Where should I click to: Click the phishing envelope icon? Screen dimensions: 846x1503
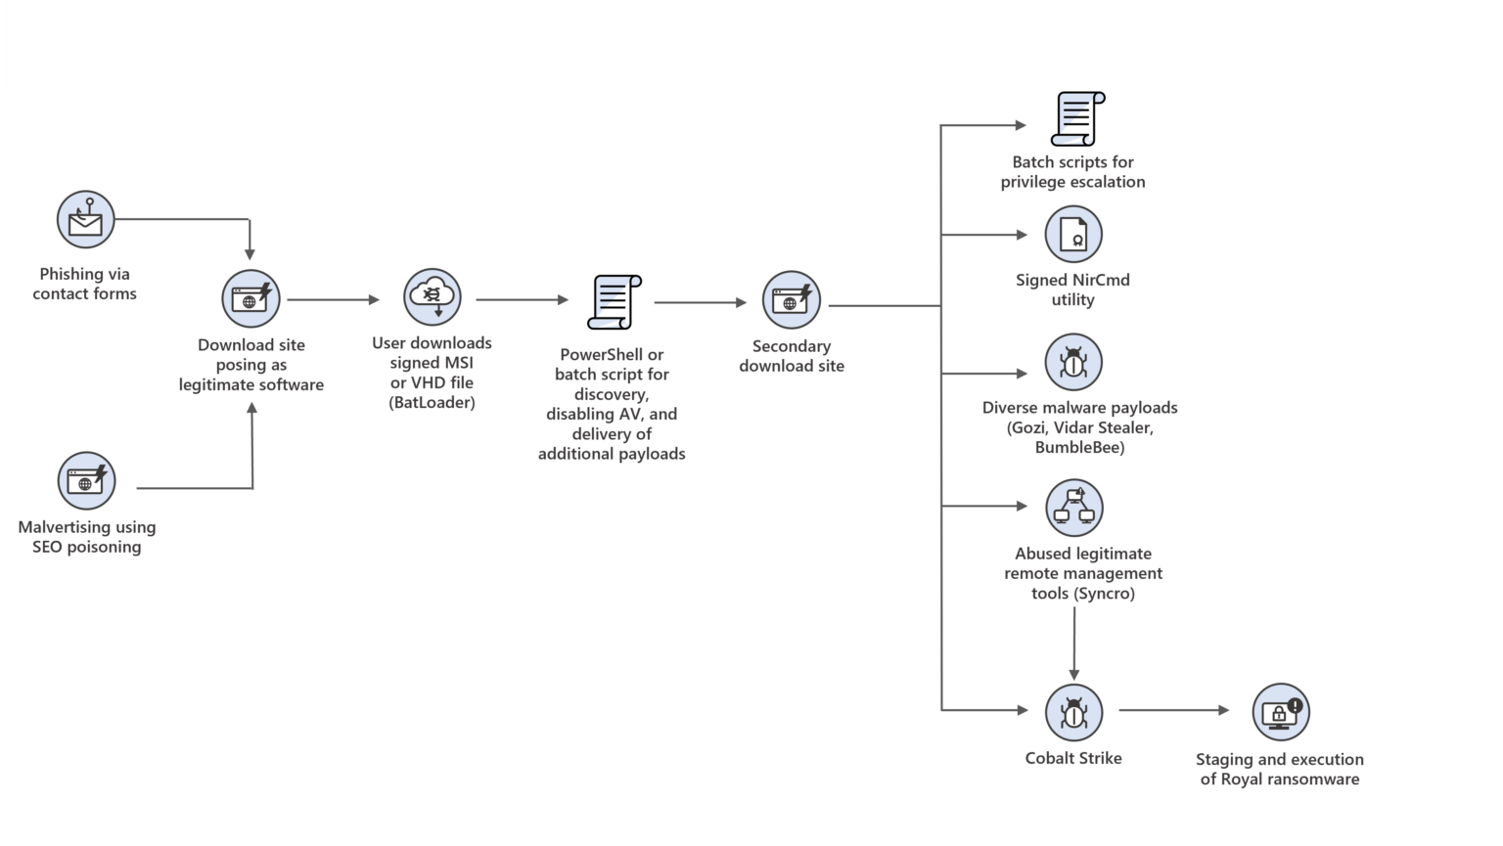click(85, 219)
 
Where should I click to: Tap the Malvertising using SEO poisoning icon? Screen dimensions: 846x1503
click(86, 480)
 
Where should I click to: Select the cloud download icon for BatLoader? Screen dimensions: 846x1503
click(432, 297)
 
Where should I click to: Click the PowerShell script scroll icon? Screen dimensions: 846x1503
click(614, 302)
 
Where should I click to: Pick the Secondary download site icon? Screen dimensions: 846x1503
click(791, 299)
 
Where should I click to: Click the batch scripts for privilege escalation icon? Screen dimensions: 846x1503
click(1076, 119)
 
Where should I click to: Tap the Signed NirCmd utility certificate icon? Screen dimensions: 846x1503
click(1073, 235)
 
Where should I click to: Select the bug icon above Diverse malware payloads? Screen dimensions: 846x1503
click(1073, 362)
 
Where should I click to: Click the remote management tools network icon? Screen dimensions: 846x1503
click(1073, 508)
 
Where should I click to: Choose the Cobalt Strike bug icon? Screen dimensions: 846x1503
click(1073, 712)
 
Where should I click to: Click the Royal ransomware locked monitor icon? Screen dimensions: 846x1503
click(1280, 712)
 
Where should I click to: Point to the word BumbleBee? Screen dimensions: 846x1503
click(1079, 448)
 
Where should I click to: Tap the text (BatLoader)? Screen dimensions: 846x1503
click(432, 402)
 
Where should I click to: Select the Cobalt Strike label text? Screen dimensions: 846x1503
click(1073, 758)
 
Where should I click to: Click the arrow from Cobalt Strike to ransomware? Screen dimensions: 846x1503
click(1173, 710)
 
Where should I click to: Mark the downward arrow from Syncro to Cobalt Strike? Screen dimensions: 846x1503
click(1074, 641)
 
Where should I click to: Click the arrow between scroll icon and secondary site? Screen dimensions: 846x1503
click(700, 302)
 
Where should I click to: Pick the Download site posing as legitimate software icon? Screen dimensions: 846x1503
click(250, 298)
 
